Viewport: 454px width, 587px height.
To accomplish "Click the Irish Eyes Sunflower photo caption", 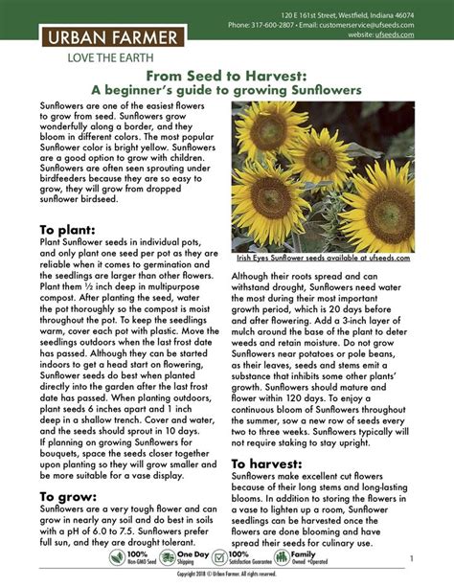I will [x=323, y=258].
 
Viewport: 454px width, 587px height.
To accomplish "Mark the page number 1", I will [x=410, y=557].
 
